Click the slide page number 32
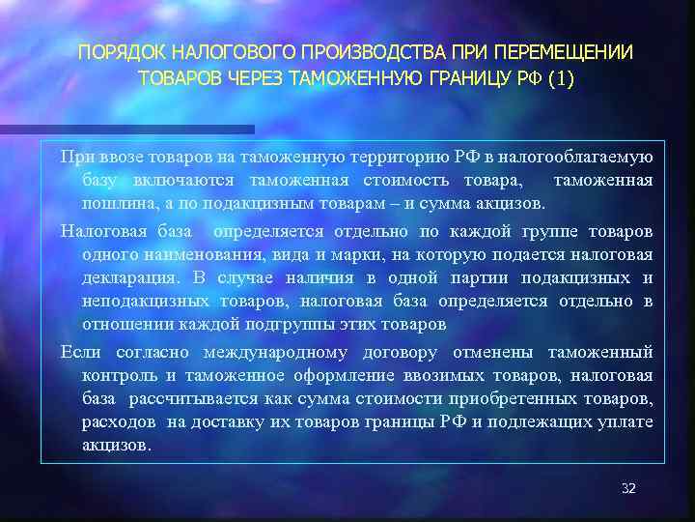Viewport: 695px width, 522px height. tap(628, 488)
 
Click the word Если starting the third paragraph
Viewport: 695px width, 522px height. tap(79, 352)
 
